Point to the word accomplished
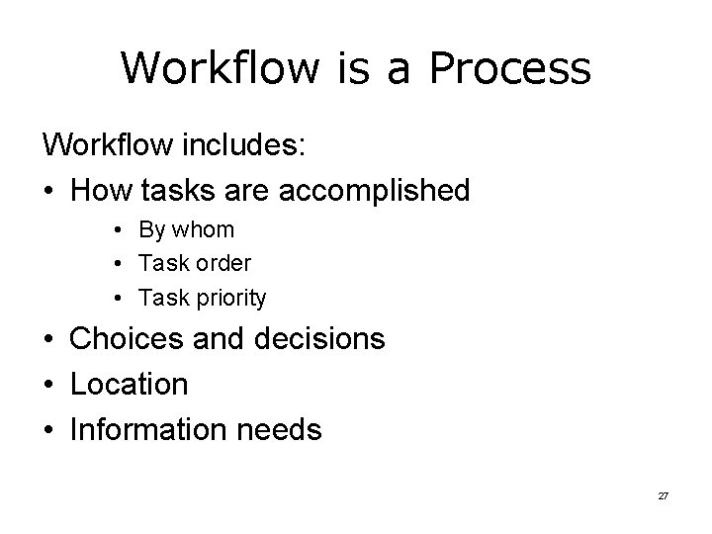pyautogui.click(x=375, y=189)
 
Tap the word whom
pyautogui.click(x=203, y=230)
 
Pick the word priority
pyautogui.click(x=229, y=298)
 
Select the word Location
pyautogui.click(x=129, y=385)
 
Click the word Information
pyautogui.click(x=147, y=429)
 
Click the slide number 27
pyautogui.click(x=663, y=494)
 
